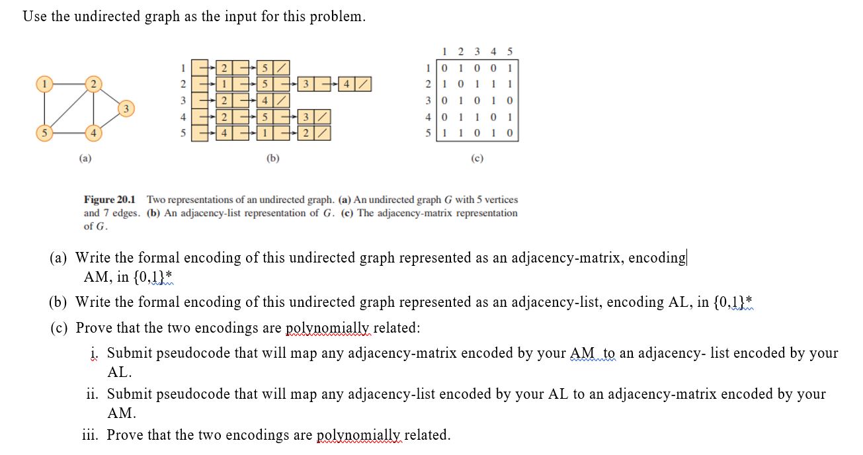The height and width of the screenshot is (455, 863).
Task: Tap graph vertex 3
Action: coord(127,108)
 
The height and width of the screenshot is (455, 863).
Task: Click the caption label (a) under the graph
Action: coord(85,159)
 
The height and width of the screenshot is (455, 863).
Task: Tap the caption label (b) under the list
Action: coord(272,159)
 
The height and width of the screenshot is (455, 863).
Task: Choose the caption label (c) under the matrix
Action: coord(477,159)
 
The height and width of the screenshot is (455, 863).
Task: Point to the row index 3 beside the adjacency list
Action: coord(183,101)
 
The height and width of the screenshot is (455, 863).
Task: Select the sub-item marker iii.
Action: coord(91,435)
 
